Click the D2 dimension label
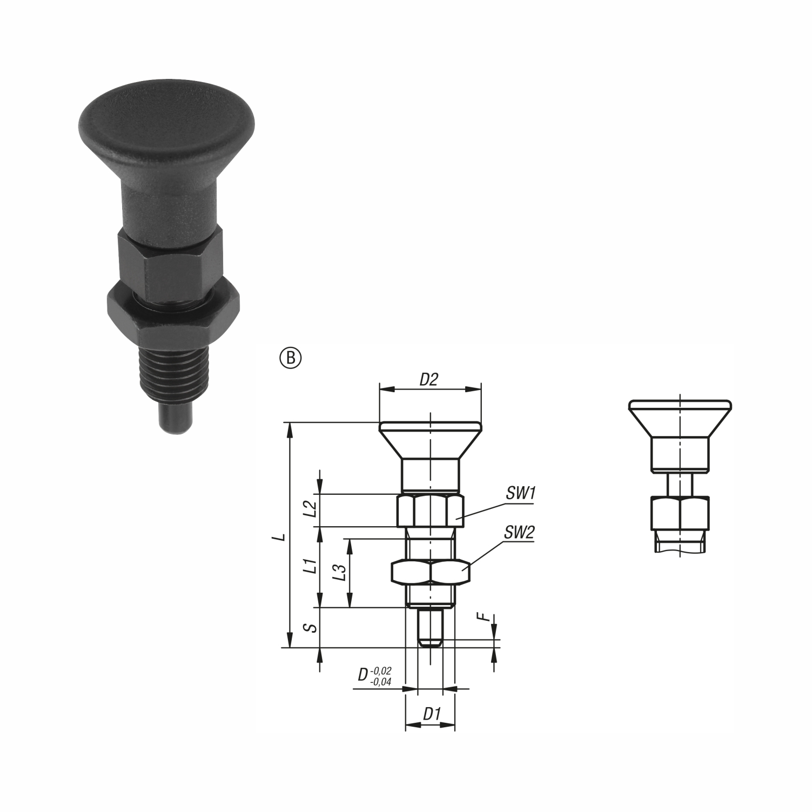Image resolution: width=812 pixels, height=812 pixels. point(428,380)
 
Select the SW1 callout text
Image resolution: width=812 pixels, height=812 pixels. point(520,493)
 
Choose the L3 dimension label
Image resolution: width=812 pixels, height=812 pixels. point(339,573)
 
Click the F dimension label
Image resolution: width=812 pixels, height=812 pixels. point(486,616)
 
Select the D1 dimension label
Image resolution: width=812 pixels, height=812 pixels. point(431,714)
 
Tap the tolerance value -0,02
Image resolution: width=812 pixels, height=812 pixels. point(381,670)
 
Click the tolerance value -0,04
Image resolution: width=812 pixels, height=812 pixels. point(381,682)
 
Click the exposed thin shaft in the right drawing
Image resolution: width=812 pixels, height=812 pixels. point(680,484)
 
